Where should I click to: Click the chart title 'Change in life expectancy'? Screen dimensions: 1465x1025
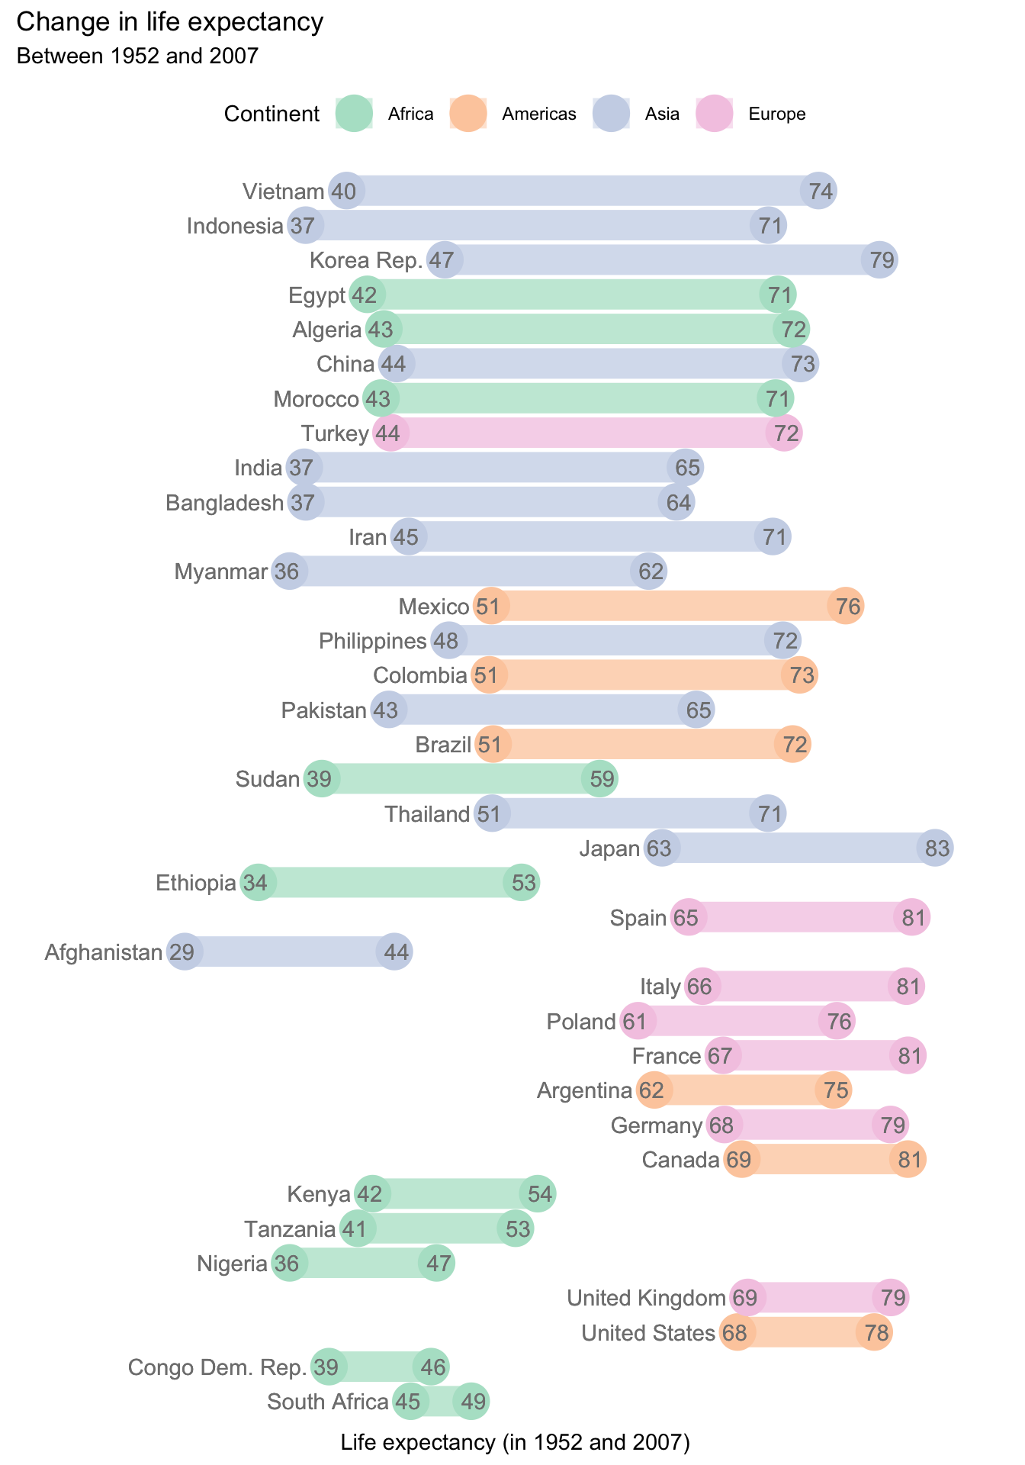tap(169, 22)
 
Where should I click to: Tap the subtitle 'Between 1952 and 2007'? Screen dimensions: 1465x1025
tap(137, 56)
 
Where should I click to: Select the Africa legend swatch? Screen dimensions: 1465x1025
tap(355, 114)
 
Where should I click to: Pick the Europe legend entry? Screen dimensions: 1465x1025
tap(776, 114)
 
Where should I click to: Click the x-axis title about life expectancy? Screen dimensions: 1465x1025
tap(515, 1441)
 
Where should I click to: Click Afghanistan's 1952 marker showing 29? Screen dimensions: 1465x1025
tap(183, 952)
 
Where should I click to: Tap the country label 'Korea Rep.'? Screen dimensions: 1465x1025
tap(366, 260)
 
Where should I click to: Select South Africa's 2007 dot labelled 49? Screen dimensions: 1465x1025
tap(471, 1402)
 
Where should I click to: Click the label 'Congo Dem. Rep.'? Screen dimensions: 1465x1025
tap(217, 1367)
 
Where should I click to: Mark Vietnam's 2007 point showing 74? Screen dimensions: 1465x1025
tap(819, 191)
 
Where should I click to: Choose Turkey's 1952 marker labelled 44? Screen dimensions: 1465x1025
tap(390, 433)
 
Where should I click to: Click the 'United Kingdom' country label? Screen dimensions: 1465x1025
tap(646, 1298)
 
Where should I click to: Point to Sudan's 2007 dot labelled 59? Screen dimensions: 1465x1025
tap(599, 779)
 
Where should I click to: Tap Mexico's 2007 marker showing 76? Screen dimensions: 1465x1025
tap(846, 607)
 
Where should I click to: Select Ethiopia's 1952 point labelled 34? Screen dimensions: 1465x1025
tap(258, 883)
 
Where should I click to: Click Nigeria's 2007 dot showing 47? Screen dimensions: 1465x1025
tap(437, 1264)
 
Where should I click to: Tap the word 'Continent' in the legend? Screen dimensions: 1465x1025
tap(272, 114)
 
